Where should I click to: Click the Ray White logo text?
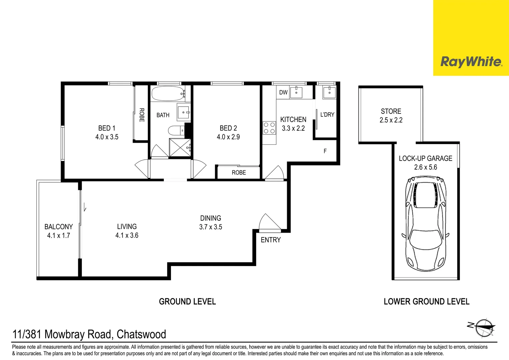pyautogui.click(x=471, y=62)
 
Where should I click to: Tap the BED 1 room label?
pyautogui.click(x=107, y=128)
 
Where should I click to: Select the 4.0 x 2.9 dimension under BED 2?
pyautogui.click(x=228, y=137)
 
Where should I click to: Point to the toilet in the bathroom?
pyautogui.click(x=175, y=130)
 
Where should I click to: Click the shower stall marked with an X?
pyautogui.click(x=180, y=147)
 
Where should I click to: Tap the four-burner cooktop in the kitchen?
pyautogui.click(x=269, y=128)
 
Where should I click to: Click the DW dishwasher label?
pyautogui.click(x=283, y=92)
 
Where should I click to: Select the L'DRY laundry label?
pyautogui.click(x=327, y=115)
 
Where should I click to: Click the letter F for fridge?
pyautogui.click(x=325, y=151)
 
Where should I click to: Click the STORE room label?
pyautogui.click(x=391, y=111)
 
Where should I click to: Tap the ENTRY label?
pyautogui.click(x=270, y=240)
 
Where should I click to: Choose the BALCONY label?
pyautogui.click(x=58, y=227)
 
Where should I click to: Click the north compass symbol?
pyautogui.click(x=485, y=328)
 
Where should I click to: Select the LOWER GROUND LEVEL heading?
pyautogui.click(x=426, y=302)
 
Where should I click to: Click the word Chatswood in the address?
pyautogui.click(x=141, y=334)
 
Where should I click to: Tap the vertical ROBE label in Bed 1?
pyautogui.click(x=142, y=115)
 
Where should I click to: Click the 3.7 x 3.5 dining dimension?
pyautogui.click(x=211, y=227)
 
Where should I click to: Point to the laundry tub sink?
pyautogui.click(x=329, y=92)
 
